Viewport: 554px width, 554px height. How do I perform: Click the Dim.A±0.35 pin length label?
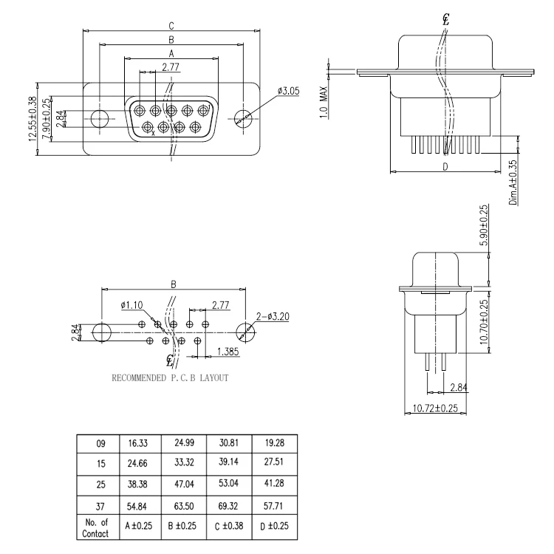[512, 182]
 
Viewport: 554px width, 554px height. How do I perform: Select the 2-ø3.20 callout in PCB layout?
[272, 316]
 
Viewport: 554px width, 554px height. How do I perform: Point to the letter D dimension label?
[445, 167]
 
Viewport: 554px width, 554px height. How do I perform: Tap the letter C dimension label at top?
[171, 26]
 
